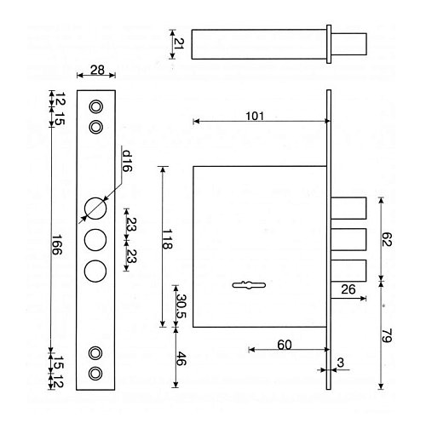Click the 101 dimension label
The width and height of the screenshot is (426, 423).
(255, 116)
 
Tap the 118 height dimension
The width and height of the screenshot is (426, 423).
(167, 239)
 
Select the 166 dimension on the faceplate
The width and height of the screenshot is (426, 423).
(56, 244)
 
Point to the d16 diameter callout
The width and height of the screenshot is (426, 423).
(127, 161)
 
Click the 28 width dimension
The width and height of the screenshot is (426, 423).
(97, 70)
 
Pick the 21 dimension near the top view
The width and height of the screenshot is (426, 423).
(179, 43)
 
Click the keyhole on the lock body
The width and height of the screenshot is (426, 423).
(249, 285)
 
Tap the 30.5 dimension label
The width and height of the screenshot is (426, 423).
(181, 306)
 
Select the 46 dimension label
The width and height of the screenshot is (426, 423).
(181, 358)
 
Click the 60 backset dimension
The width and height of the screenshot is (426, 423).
(285, 345)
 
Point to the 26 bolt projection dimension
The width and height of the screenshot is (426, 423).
(348, 289)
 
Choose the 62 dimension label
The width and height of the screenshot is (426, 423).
(387, 239)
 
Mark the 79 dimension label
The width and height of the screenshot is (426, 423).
(387, 335)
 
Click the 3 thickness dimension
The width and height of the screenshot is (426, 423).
(340, 363)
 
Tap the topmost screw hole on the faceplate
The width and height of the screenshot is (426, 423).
(95, 107)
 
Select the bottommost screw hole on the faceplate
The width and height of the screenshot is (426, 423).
(95, 374)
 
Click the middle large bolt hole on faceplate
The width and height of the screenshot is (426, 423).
(95, 240)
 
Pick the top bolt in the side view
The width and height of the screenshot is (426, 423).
(348, 209)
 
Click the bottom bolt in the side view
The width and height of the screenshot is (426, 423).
(348, 271)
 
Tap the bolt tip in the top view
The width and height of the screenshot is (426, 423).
(349, 44)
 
